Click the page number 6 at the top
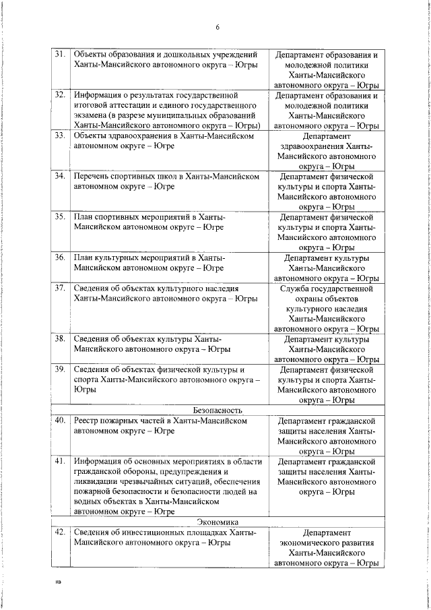pos(218,28)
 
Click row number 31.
pos(59,55)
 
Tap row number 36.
pos(59,257)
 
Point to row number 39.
pos(59,369)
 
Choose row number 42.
pos(59,532)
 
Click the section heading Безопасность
pos(218,410)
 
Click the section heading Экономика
pos(218,522)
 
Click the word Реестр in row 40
pos(88,421)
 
